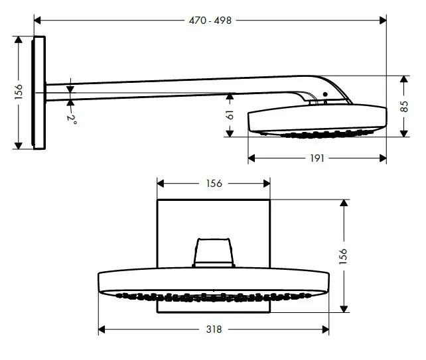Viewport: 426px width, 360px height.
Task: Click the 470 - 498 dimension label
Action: pos(211,20)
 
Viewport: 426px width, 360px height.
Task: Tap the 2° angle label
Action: pos(72,119)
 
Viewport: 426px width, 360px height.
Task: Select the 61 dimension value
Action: pos(229,115)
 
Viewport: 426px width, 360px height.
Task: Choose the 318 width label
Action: pos(214,328)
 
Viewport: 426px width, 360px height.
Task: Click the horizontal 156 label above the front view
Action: pos(212,183)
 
